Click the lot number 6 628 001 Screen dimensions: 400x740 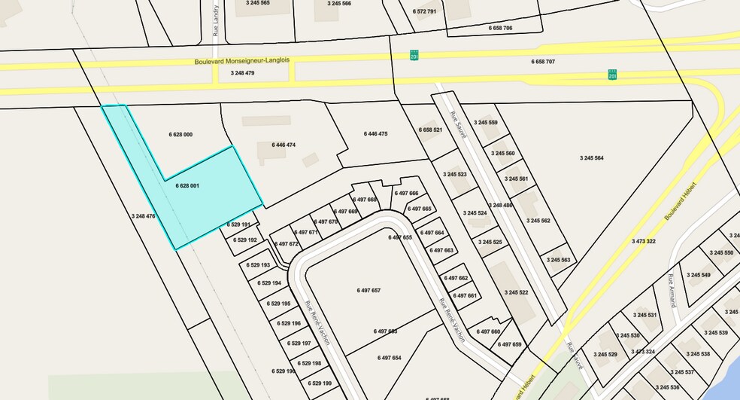tap(187, 185)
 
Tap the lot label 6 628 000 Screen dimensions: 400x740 tap(181, 134)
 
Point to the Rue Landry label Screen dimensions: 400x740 tap(216, 26)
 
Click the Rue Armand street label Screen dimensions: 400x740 tap(672, 291)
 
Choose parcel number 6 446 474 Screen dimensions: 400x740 tap(284, 145)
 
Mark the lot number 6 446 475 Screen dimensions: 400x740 tap(375, 133)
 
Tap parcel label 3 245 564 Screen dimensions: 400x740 tap(592, 158)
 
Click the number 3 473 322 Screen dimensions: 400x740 tap(644, 241)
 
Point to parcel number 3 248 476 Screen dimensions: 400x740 tap(143, 216)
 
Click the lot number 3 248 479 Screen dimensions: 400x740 tap(240, 73)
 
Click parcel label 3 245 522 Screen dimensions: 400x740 tap(517, 292)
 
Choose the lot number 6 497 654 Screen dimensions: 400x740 tap(390, 358)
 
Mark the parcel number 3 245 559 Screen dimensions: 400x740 tap(485, 123)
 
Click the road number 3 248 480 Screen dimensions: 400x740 tap(500, 205)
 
